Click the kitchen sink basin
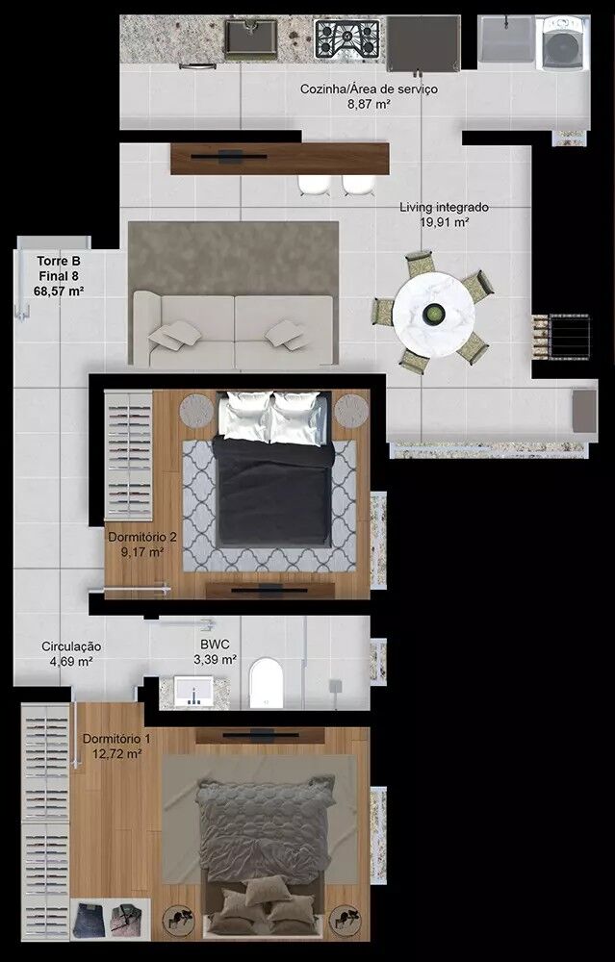click(250, 39)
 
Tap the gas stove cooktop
click(346, 39)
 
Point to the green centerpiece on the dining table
click(435, 314)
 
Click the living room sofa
click(233, 329)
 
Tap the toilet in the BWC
click(267, 682)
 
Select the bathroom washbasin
click(192, 693)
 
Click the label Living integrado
click(445, 208)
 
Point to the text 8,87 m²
click(369, 104)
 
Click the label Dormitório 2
click(142, 538)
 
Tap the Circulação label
click(71, 646)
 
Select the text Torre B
click(59, 262)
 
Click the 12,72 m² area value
click(117, 754)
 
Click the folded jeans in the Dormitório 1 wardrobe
click(89, 919)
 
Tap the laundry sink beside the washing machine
click(506, 39)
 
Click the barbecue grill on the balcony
click(569, 336)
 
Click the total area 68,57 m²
click(59, 291)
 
